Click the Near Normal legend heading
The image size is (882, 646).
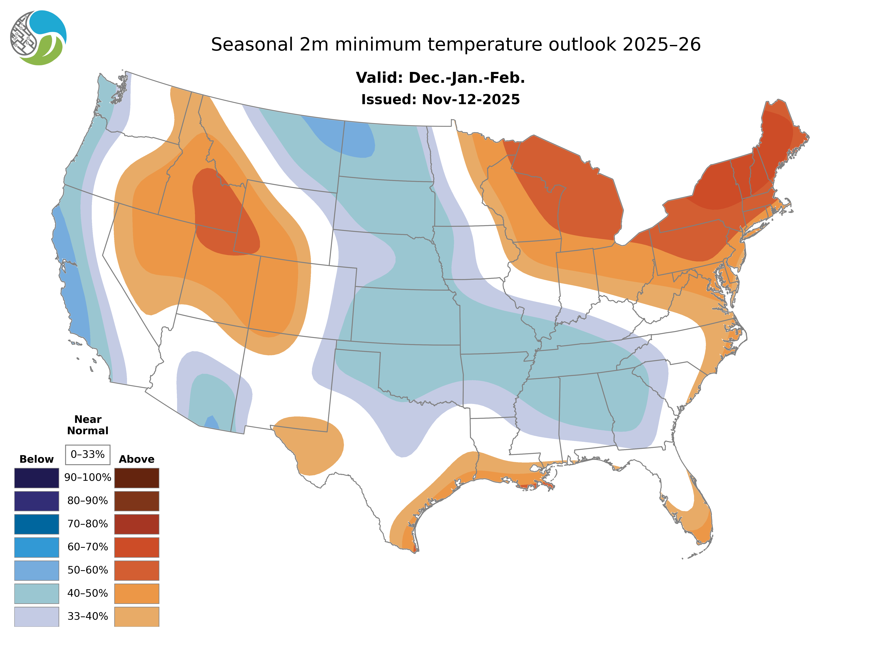point(88,425)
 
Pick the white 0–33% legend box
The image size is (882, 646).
point(88,454)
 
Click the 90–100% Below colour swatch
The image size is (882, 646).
point(36,478)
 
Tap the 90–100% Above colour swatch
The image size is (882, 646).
point(137,478)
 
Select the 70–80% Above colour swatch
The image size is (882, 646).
point(137,524)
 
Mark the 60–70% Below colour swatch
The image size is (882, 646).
point(36,547)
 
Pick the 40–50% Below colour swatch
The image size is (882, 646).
point(36,593)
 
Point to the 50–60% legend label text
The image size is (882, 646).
point(88,570)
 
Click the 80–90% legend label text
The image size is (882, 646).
point(88,501)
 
